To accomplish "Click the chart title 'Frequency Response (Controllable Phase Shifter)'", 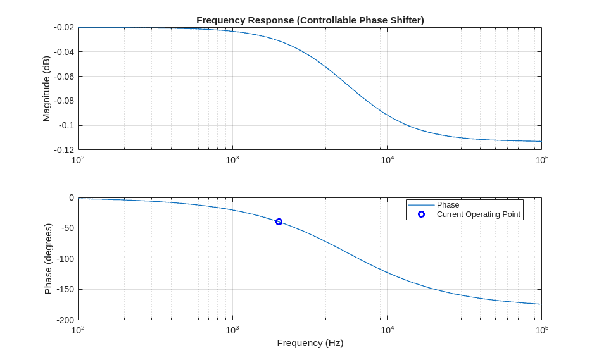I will (310, 20).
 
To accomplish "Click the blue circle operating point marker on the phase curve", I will (279, 221).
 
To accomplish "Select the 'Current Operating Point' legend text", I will (478, 214).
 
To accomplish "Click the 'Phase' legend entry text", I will (448, 205).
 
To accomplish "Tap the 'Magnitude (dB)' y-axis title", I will (46, 89).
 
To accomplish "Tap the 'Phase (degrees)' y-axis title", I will (48, 259).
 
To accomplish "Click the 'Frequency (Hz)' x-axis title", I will (310, 343).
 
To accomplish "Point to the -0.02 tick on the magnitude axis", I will (64, 28).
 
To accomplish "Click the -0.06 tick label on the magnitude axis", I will (64, 77).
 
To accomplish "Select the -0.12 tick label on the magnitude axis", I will (64, 150).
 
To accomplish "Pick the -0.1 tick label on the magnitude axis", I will (66, 125).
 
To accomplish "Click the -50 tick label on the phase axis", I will (65, 228).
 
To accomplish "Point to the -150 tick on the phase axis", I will (63, 289).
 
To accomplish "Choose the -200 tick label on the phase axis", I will (63, 320).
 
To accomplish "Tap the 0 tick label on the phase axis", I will (72, 198).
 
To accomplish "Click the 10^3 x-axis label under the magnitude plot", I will (232, 160).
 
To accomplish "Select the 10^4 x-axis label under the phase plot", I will (387, 330).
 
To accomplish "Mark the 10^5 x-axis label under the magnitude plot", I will (541, 160).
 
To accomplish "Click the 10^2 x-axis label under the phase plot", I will (78, 330).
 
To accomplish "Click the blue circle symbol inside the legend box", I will (421, 214).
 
